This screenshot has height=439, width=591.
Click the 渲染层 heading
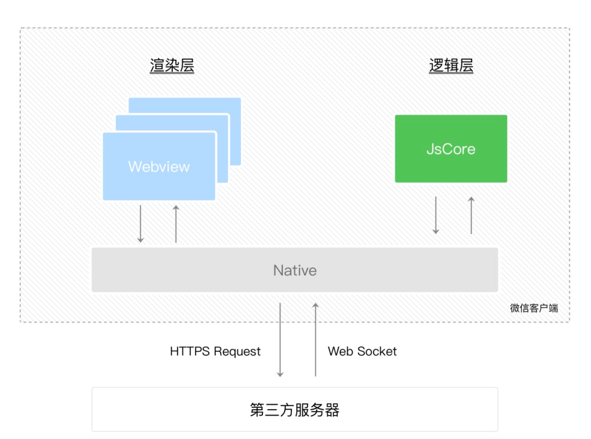(172, 66)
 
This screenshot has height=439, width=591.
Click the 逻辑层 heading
(451, 66)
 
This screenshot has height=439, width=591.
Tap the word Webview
(159, 166)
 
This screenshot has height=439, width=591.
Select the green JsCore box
(451, 149)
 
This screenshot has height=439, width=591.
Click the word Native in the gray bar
(295, 270)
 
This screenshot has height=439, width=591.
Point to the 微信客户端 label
(534, 308)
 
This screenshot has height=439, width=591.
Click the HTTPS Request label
(215, 351)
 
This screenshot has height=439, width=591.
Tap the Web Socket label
(362, 351)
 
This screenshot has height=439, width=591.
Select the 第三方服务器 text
(295, 410)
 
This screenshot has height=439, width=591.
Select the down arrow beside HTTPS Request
(280, 339)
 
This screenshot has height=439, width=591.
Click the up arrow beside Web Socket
(315, 339)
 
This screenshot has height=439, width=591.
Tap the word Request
(237, 351)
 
